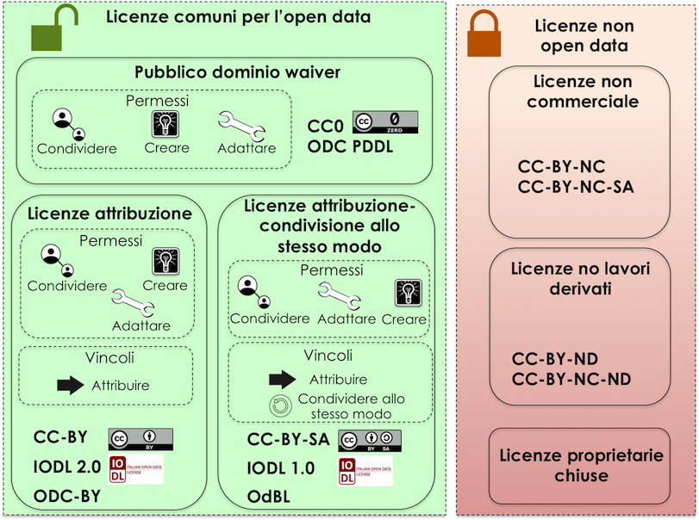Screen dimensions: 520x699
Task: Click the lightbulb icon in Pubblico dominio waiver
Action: point(165,124)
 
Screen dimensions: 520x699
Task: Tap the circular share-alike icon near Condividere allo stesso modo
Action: point(280,405)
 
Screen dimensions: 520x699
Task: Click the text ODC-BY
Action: point(67,495)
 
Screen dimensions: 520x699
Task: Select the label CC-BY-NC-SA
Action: point(576,187)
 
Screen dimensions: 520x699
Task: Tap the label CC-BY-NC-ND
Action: point(571,379)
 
